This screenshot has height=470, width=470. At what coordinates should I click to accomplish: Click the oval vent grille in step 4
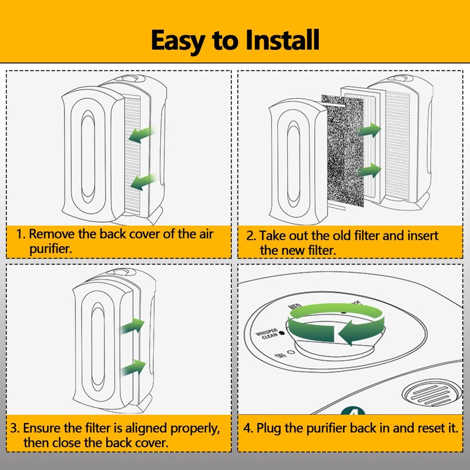point(427,391)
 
